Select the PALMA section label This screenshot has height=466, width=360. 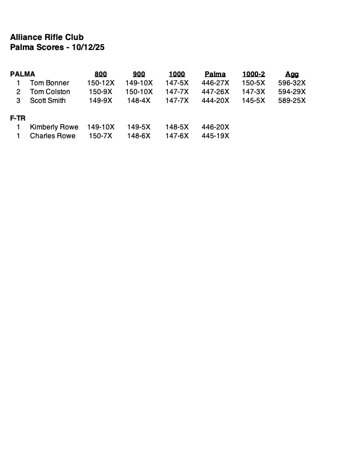pos(22,74)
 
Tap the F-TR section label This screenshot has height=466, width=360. pos(18,118)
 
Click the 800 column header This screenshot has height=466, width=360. pos(101,74)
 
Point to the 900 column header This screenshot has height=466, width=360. pos(139,74)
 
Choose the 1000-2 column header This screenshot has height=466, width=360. pos(254,74)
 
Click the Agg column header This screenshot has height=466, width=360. pos(292,74)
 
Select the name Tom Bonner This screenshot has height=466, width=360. pos(49,83)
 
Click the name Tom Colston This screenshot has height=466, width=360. pos(50,92)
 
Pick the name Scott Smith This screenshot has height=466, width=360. pos(48,101)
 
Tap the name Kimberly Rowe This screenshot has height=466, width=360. pos(54,127)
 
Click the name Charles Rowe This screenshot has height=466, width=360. pos(53,136)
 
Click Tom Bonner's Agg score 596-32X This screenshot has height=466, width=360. pos(292,83)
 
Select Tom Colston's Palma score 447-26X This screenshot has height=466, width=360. pos(215,92)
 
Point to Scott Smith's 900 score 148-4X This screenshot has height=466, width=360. pos(139,101)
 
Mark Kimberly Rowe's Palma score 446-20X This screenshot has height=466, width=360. pos(215,127)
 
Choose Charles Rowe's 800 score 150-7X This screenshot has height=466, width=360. pos(101,136)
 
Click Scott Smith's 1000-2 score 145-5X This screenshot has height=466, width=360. pos(254,101)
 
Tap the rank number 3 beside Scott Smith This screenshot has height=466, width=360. pos(18,101)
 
